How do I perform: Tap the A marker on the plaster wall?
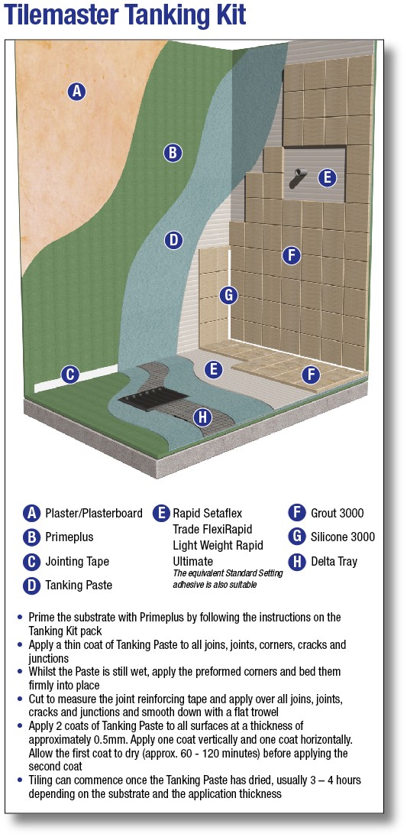pos(76,91)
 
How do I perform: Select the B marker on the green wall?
pos(173,153)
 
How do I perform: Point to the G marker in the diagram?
pos(228,294)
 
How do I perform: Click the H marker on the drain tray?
pos(202,417)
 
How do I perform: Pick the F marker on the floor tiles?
pos(311,375)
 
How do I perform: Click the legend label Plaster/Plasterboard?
pos(94,514)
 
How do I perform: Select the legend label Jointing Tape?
pos(77,562)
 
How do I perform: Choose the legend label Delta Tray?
pos(334,562)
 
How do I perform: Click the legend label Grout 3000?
pos(337,514)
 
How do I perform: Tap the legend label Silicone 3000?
pos(343,537)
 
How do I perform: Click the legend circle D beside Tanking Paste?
pos(32,586)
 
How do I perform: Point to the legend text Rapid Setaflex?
pos(208,514)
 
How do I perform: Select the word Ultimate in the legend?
pos(193,562)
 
